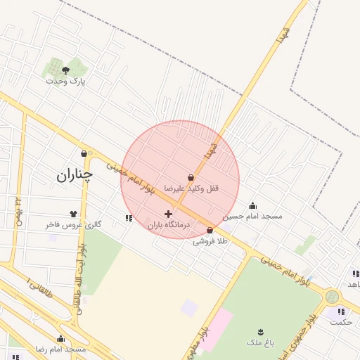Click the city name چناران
[74, 174]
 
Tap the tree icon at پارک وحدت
[66, 70]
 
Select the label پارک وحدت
[65, 81]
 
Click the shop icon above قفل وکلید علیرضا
[191, 177]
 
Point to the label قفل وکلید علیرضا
[192, 188]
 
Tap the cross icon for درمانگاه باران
[168, 214]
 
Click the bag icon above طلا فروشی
[210, 230]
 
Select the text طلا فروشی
[211, 241]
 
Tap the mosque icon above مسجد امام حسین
[252, 205]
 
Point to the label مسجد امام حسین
[252, 216]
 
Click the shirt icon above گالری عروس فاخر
[73, 214]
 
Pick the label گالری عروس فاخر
[74, 225]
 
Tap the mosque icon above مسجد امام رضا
[60, 339]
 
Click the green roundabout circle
[332, 297]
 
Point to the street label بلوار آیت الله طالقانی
[79, 274]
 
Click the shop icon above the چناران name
[84, 153]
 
